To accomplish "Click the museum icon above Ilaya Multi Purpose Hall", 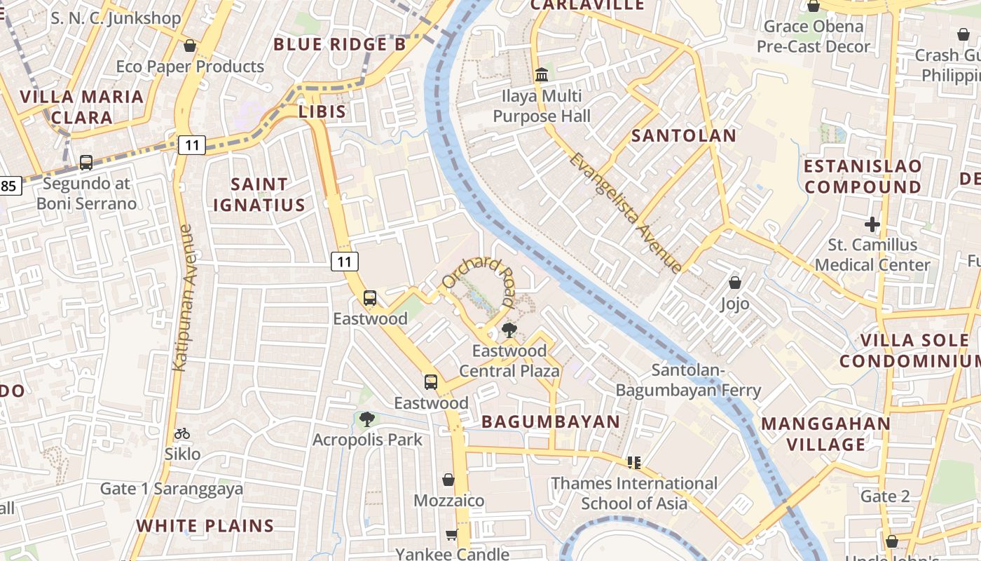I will pyautogui.click(x=541, y=74).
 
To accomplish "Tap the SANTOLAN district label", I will pyautogui.click(x=684, y=136).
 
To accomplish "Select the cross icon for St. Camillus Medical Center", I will pyautogui.click(x=872, y=225).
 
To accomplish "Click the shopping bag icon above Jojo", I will pyautogui.click(x=734, y=283).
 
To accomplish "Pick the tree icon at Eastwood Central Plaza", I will pyautogui.click(x=509, y=330).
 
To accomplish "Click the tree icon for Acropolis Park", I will pyautogui.click(x=366, y=419).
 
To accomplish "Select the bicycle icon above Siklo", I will pyautogui.click(x=182, y=433).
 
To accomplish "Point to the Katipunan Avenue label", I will pyautogui.click(x=182, y=297).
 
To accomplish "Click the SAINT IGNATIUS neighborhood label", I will pyautogui.click(x=259, y=195).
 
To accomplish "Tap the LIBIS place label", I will pyautogui.click(x=322, y=111).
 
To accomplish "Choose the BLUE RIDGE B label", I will pyautogui.click(x=339, y=45).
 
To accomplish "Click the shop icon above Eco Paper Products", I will pyautogui.click(x=189, y=46).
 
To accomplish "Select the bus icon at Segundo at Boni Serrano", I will pyautogui.click(x=86, y=163).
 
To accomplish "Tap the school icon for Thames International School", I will pyautogui.click(x=635, y=462).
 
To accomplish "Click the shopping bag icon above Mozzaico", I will pyautogui.click(x=448, y=480).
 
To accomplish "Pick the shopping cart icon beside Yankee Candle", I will pyautogui.click(x=452, y=534).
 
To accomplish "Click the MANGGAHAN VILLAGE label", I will pyautogui.click(x=825, y=434).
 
